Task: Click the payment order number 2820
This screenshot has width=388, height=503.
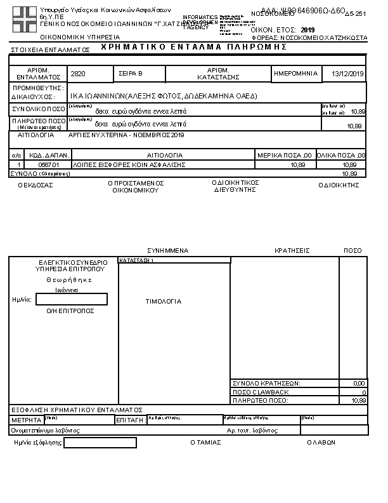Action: (78, 74)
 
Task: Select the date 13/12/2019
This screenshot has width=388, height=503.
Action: (348, 74)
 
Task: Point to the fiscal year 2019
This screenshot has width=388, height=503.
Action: (307, 30)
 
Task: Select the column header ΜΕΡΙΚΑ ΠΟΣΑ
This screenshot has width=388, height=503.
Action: (284, 155)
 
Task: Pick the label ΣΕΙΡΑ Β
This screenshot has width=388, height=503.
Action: (131, 74)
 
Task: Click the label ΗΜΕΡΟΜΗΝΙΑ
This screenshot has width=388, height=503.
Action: (295, 74)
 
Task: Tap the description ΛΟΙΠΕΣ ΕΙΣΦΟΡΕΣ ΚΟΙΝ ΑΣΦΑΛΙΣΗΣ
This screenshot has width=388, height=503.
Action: (129, 164)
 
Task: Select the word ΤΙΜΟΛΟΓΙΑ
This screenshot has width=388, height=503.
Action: (164, 301)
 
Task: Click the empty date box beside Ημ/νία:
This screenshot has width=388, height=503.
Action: (72, 299)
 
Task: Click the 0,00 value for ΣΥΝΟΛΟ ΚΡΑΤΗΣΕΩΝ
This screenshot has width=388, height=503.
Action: (359, 384)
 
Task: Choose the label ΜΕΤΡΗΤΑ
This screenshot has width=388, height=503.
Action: (26, 420)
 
